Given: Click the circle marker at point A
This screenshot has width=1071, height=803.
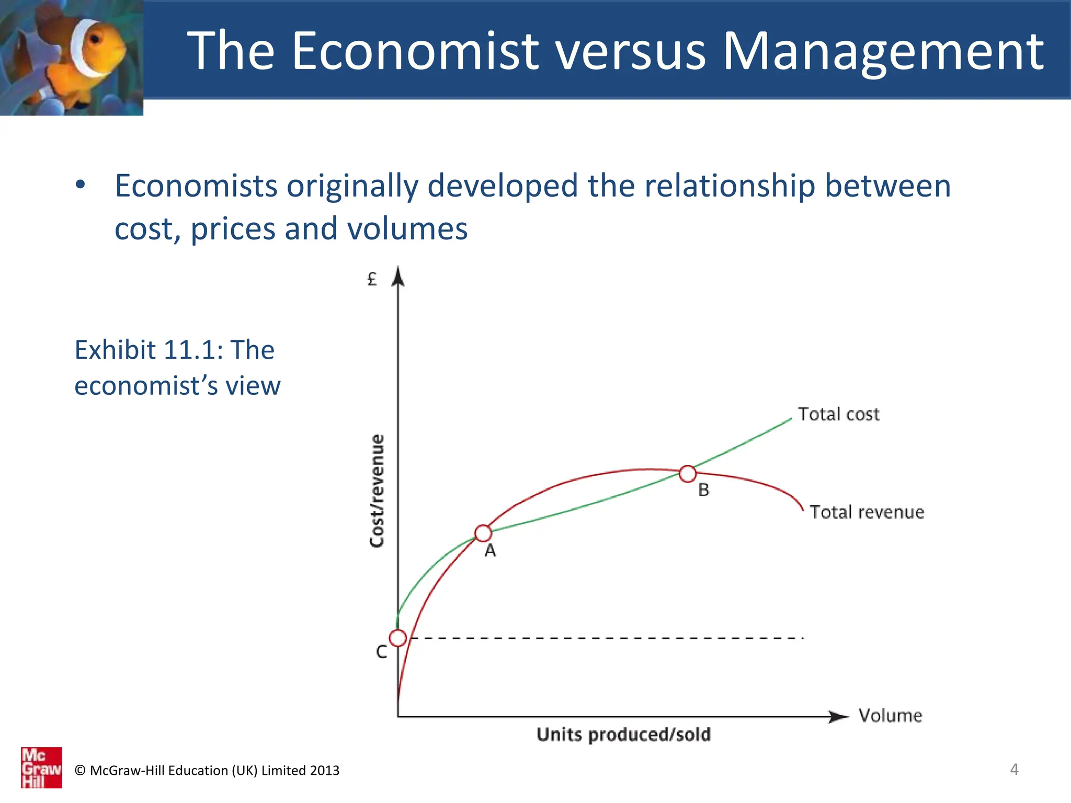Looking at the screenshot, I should [483, 533].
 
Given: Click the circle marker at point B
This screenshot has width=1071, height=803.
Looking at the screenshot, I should [688, 474].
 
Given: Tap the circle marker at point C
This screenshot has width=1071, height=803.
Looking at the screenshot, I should [398, 638].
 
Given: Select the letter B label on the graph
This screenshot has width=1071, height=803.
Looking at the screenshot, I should [704, 490].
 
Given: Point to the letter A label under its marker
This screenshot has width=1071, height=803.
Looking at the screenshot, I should [490, 551].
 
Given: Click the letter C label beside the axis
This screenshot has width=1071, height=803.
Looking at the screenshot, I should [382, 652].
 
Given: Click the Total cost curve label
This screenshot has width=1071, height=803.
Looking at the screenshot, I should [838, 414].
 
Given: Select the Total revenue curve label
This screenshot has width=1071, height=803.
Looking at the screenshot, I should [867, 512].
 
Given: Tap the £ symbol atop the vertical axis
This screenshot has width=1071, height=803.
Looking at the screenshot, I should [372, 279].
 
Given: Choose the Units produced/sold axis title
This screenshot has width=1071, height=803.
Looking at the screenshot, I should [623, 735].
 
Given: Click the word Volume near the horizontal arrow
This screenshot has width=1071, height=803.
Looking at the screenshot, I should [890, 715].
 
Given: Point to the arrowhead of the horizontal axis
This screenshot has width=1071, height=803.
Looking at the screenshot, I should [839, 717].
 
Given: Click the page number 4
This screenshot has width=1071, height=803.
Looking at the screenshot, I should [1014, 769].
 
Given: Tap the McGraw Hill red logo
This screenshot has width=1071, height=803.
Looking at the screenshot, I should [41, 767].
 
